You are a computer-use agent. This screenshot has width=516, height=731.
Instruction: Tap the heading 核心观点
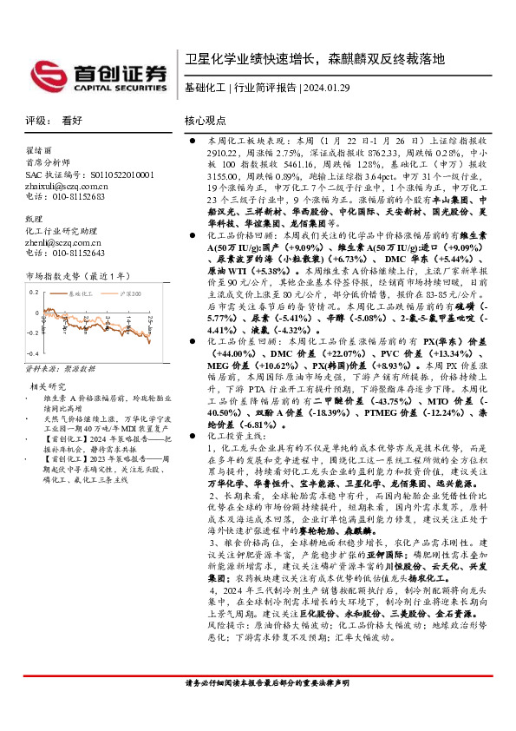(x=205, y=122)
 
